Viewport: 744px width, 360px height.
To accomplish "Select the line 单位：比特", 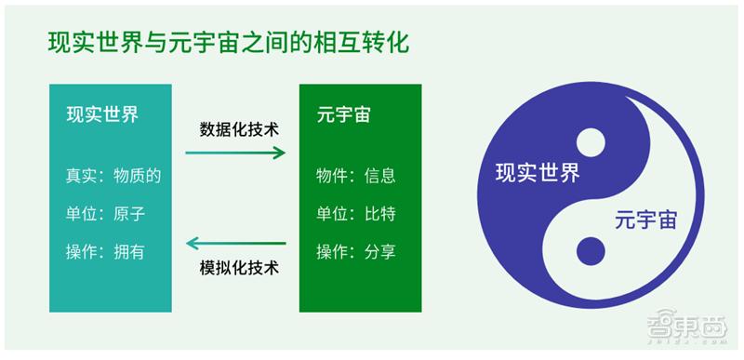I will (356, 213).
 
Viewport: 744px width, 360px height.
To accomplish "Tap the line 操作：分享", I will (356, 251).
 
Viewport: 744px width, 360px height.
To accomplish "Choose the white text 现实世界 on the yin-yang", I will (537, 173).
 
